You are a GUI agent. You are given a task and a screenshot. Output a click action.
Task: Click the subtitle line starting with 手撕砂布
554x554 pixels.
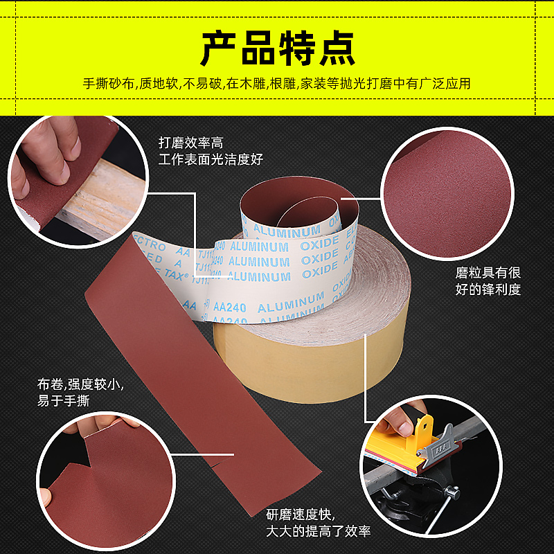click(277, 84)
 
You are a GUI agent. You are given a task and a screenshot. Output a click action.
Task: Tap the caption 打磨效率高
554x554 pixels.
click(190, 143)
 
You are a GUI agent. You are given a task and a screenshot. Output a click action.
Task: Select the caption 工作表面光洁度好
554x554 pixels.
click(211, 160)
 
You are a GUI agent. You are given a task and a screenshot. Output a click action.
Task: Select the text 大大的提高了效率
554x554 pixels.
click(319, 531)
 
